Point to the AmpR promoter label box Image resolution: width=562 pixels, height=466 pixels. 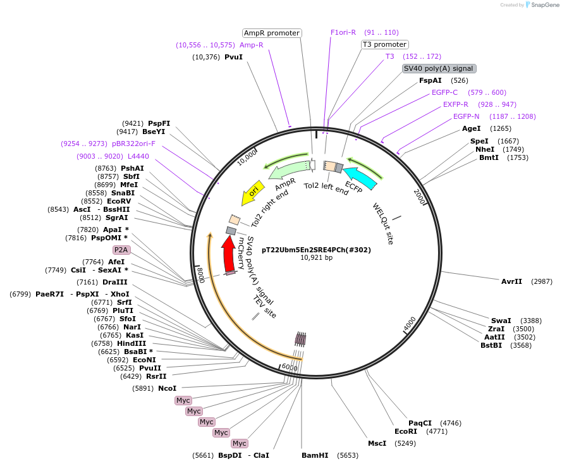[x=272, y=33]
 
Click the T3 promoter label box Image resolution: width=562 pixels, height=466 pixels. [x=385, y=44]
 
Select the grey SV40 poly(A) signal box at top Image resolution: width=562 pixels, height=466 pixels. [x=438, y=68]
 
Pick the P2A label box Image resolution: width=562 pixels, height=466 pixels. [x=121, y=250]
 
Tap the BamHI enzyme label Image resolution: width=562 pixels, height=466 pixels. [x=315, y=455]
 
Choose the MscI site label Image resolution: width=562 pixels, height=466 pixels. [x=377, y=443]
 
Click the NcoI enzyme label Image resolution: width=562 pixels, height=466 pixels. [x=167, y=388]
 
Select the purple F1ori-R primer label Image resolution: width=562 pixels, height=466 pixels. [x=343, y=32]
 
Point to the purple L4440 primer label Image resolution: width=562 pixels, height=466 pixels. [x=138, y=156]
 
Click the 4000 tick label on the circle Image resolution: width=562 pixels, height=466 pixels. [x=410, y=322]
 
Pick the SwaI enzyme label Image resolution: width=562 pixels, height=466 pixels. [x=501, y=321]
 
